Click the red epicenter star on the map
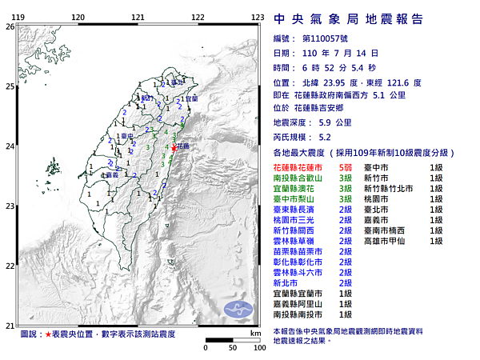tap(175, 147)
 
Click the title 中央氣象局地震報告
tap(348, 19)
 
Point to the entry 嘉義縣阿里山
tap(299, 304)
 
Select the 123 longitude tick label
tap(258, 17)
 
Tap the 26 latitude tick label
tap(10, 26)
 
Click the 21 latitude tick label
tap(10, 325)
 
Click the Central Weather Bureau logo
tap(240, 310)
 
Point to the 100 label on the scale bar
tap(258, 349)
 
